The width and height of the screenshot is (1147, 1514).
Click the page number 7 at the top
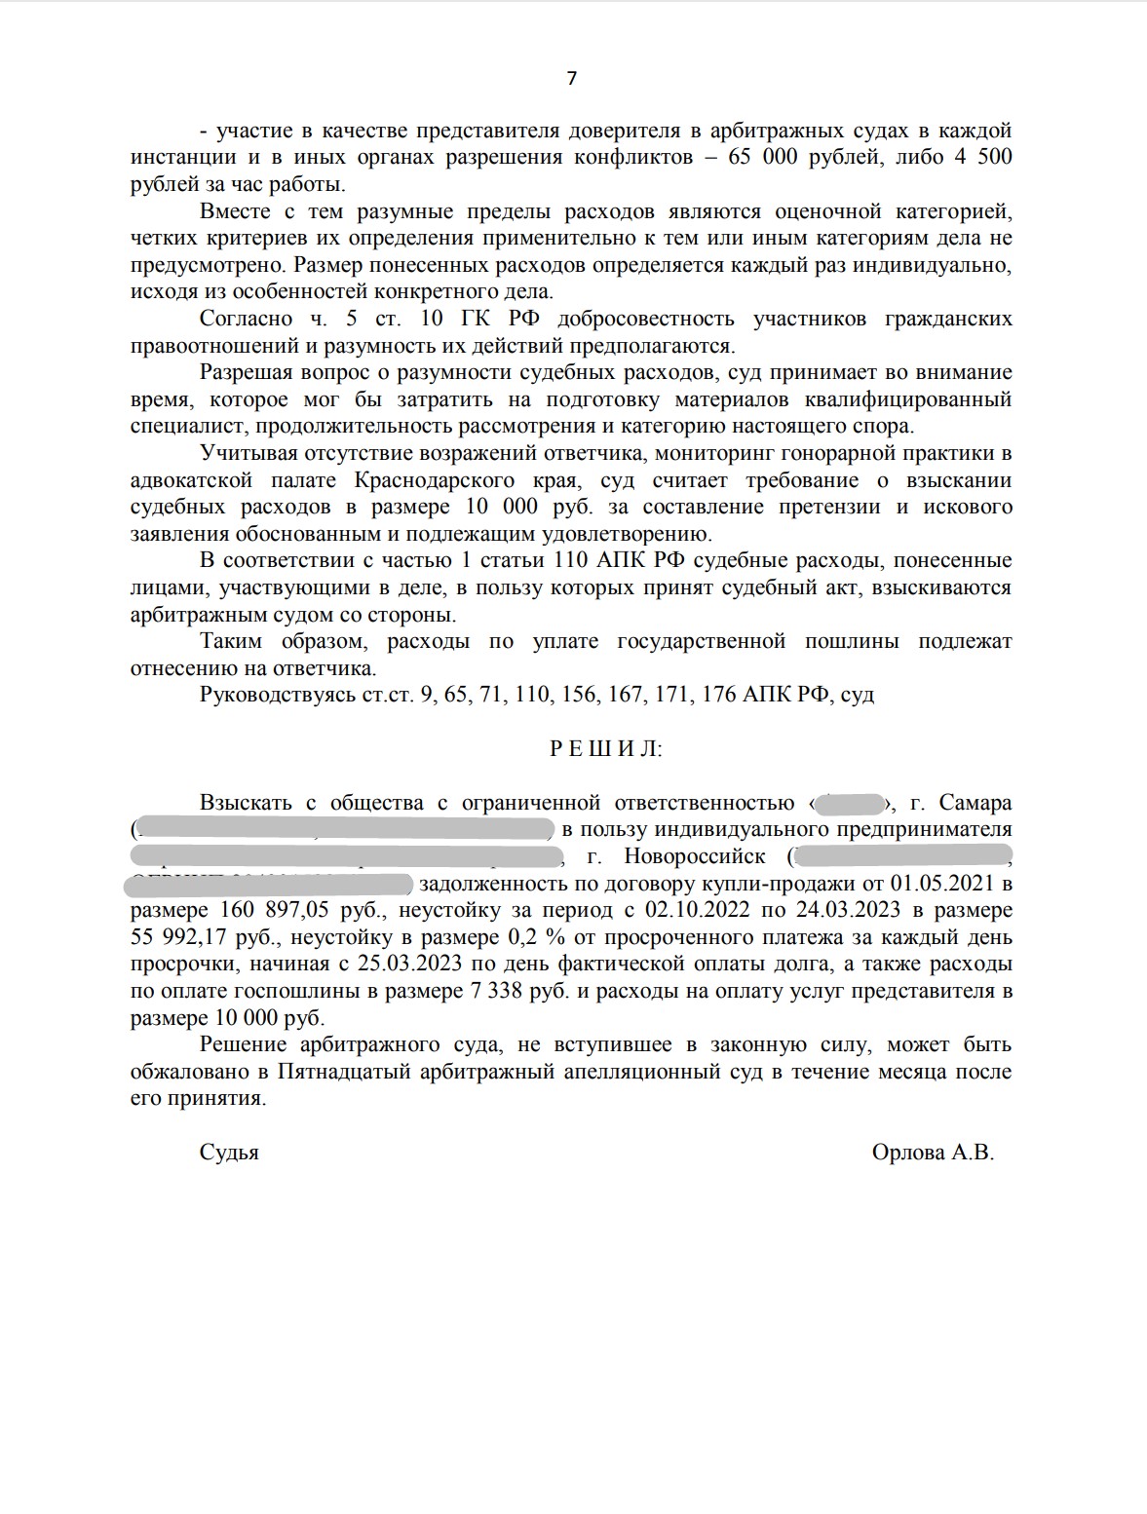pos(572,79)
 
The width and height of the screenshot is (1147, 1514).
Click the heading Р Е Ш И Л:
pos(606,748)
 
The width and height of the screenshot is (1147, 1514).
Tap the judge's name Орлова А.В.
pos(933,1153)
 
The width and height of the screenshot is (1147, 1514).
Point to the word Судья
pos(229,1153)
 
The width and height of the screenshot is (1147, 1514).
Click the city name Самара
pos(975,803)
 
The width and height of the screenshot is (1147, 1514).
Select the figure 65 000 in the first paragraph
pos(769,157)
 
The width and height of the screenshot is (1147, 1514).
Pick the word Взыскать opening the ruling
pos(246,803)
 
